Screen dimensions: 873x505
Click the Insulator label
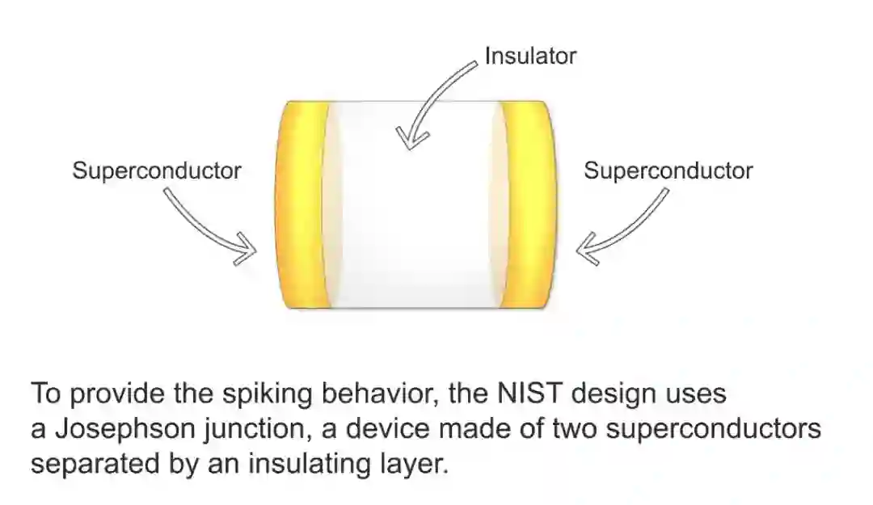pyautogui.click(x=529, y=56)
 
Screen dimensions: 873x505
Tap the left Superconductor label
pyautogui.click(x=157, y=171)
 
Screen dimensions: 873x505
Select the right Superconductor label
pyautogui.click(x=668, y=171)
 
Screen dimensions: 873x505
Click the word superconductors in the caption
pyautogui.click(x=713, y=431)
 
